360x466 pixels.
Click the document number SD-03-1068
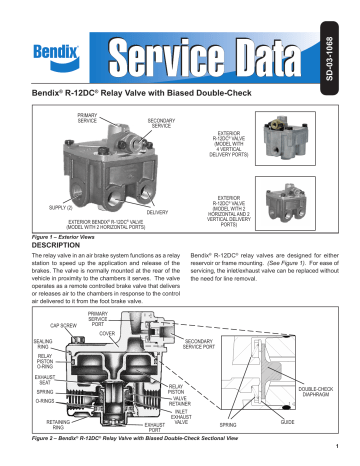345,36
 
